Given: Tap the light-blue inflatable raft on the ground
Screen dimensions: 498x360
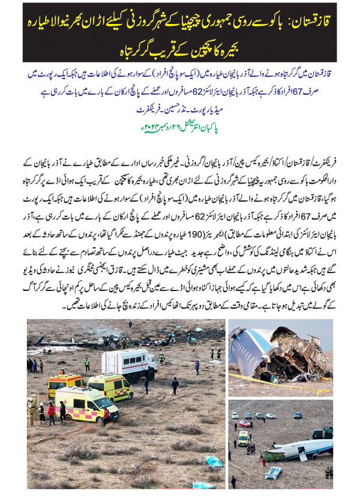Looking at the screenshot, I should tap(274, 472).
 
